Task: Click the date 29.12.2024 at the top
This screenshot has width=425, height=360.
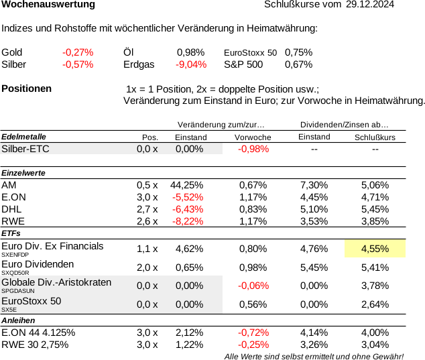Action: point(370,4)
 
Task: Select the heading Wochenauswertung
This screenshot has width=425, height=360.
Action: point(48,4)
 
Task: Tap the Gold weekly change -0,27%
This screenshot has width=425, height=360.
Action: point(78,52)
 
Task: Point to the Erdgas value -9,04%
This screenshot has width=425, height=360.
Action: point(191,64)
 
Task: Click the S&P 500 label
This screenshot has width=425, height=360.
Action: point(243,64)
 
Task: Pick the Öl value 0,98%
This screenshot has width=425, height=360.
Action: point(191,52)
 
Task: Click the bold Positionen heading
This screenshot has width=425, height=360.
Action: point(27,88)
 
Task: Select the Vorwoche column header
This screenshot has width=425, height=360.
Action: point(253,137)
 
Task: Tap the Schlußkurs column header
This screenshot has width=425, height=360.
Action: point(375,137)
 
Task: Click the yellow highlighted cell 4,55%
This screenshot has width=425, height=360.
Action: point(375,249)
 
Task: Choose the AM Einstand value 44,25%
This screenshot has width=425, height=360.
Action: point(187,185)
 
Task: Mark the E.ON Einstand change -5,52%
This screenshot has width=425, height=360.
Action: point(188,197)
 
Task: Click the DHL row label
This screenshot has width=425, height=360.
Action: point(11,209)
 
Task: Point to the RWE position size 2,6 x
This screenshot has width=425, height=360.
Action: point(147,221)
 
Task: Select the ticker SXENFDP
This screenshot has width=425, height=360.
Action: point(15,255)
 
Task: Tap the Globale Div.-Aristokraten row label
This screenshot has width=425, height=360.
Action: point(56,282)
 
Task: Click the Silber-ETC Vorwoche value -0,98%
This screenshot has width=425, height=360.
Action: point(253,149)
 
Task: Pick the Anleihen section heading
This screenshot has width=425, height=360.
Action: point(18,320)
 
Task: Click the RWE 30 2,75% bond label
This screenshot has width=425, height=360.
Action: point(35,345)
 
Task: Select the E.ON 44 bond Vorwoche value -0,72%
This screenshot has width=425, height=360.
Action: point(253,333)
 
